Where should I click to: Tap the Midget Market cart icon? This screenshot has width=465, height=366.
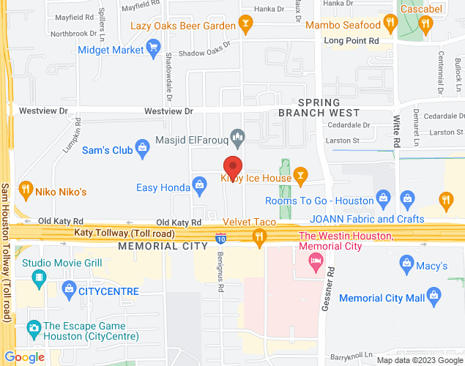coord(153,50)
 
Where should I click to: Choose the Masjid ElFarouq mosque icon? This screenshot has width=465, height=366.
coord(237,135)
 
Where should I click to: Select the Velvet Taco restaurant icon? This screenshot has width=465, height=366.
coord(258,236)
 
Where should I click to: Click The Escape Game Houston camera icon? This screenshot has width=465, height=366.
coord(32,328)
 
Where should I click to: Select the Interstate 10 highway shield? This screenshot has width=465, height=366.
coord(222,238)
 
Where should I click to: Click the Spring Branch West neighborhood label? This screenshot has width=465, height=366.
coord(319,108)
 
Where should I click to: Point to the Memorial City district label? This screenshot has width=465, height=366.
coord(163,246)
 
